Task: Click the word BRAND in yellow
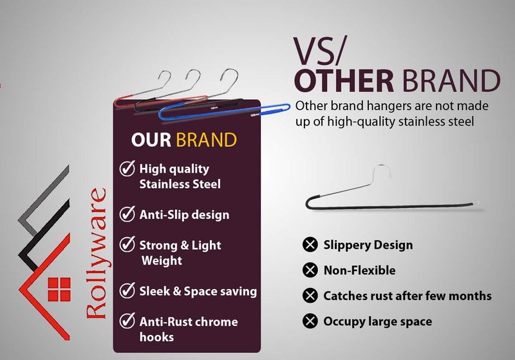(x=206, y=140)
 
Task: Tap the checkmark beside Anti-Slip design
(x=127, y=214)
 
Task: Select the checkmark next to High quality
(x=127, y=168)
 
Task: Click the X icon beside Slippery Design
(x=310, y=244)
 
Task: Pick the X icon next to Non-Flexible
(x=310, y=270)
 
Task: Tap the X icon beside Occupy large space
(x=310, y=321)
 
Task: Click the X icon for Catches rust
(x=310, y=296)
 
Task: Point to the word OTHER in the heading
(x=344, y=81)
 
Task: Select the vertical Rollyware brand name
(x=96, y=253)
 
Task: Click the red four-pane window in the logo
(x=59, y=289)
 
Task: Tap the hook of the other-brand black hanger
(x=382, y=171)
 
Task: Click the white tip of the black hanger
(x=476, y=204)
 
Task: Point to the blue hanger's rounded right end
(x=287, y=108)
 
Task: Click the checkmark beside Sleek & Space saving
(x=127, y=290)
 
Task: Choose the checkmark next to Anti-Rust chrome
(x=127, y=321)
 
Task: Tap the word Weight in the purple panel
(x=162, y=261)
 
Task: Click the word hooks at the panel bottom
(x=156, y=337)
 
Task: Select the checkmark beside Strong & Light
(x=127, y=244)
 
